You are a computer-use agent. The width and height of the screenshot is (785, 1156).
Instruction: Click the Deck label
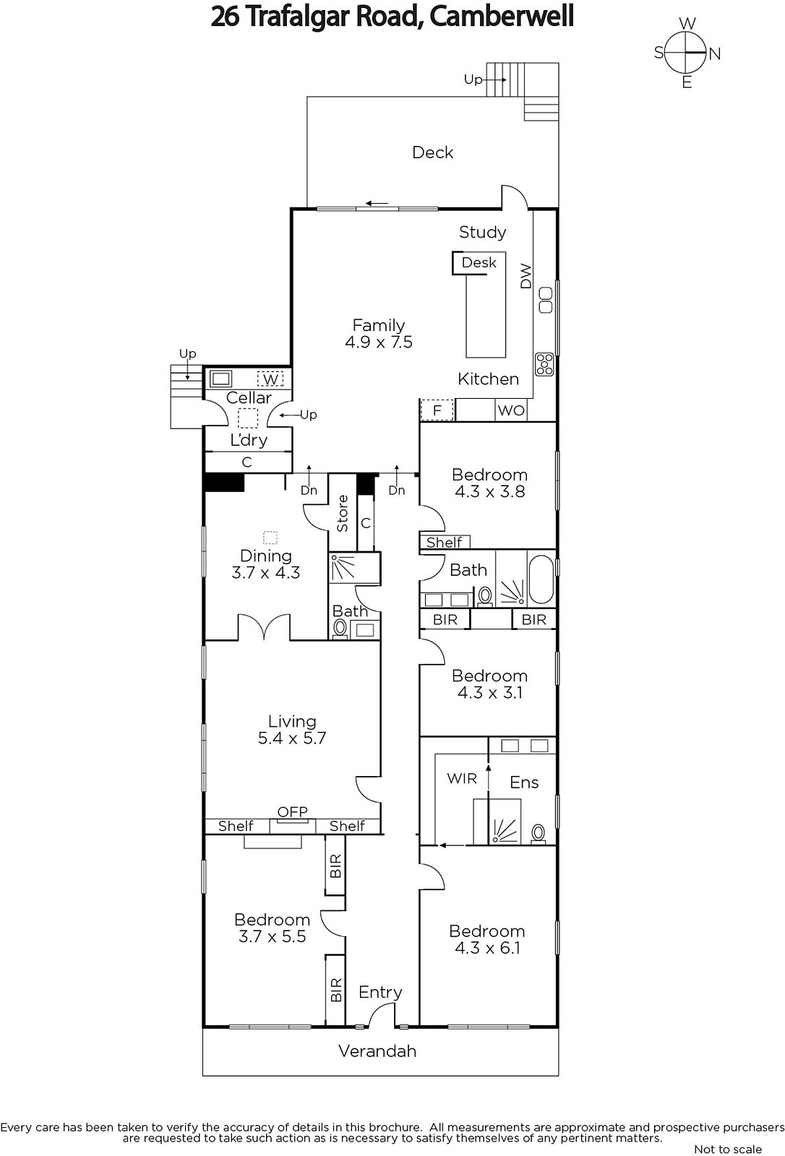pyautogui.click(x=433, y=152)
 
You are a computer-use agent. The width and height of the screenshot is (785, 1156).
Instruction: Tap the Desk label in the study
pyautogui.click(x=479, y=263)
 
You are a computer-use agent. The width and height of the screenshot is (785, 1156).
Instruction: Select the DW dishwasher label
pyautogui.click(x=526, y=276)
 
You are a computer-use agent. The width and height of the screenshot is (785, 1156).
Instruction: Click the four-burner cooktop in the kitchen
pyautogui.click(x=544, y=364)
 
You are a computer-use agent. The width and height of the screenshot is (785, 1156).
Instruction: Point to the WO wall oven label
pyautogui.click(x=511, y=411)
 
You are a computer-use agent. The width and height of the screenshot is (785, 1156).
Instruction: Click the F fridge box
pyautogui.click(x=437, y=410)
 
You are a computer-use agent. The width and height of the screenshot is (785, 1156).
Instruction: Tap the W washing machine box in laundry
pyautogui.click(x=270, y=379)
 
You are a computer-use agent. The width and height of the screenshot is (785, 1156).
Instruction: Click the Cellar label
pyautogui.click(x=249, y=397)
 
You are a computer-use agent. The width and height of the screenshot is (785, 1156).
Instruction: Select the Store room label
pyautogui.click(x=343, y=514)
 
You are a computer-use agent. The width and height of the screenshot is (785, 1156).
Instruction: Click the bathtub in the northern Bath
pyautogui.click(x=541, y=579)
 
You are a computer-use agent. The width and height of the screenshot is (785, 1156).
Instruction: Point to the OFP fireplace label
pyautogui.click(x=292, y=812)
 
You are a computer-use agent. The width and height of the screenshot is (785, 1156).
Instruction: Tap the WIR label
pyautogui.click(x=462, y=778)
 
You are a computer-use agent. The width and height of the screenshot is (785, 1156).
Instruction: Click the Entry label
pyautogui.click(x=380, y=992)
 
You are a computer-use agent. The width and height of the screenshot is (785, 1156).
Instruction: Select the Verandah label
pyautogui.click(x=377, y=1051)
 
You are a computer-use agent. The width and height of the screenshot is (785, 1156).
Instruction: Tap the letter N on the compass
pyautogui.click(x=715, y=53)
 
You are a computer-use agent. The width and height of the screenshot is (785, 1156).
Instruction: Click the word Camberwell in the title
pyautogui.click(x=502, y=17)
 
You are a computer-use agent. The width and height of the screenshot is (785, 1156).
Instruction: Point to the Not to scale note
pyautogui.click(x=728, y=1149)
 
